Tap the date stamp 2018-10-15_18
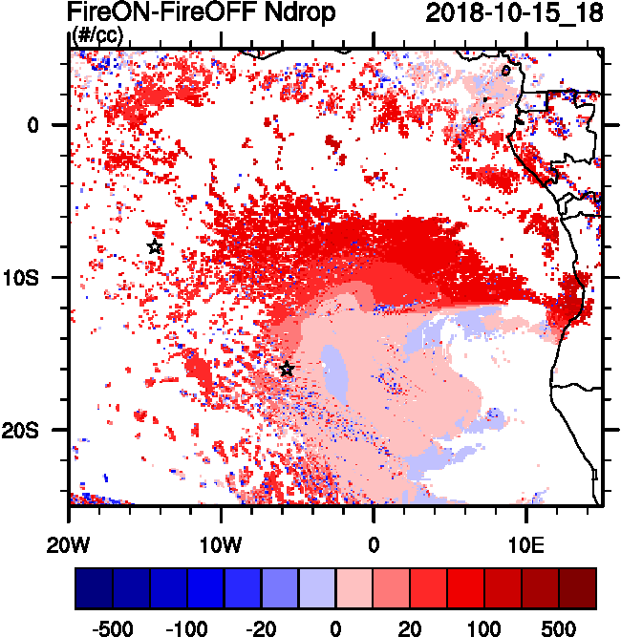coord(514,13)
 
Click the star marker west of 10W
coord(155,247)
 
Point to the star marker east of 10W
coord(287,370)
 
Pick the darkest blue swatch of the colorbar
coord(94,588)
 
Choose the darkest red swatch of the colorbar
coord(578,588)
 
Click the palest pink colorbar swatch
coord(354,588)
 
